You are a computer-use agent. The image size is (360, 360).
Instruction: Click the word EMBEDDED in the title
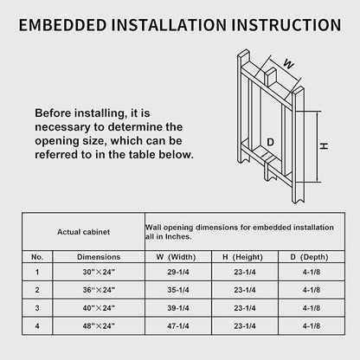coord(63,25)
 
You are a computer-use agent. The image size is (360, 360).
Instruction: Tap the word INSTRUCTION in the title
coord(286,25)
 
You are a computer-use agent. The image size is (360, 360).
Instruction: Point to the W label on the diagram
coord(289,64)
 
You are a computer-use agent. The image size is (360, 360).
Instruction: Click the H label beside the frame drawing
coord(325,146)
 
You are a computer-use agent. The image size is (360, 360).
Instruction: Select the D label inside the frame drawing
coord(270,142)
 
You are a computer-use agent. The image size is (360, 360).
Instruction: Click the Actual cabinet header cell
coord(83,232)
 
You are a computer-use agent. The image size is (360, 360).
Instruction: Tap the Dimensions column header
coord(99,257)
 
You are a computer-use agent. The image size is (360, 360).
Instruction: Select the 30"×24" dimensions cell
coord(99,272)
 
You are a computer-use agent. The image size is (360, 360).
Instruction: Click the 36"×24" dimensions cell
coord(99,290)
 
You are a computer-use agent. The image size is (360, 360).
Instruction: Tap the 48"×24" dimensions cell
coord(99,326)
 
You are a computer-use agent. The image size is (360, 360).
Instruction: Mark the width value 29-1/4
coord(178,272)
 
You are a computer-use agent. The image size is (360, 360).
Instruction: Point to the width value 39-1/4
coord(178,308)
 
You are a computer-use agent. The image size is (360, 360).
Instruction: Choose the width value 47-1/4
coord(178,326)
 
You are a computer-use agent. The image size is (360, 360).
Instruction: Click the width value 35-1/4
coord(178,290)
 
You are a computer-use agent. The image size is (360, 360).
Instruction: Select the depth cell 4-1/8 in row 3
coord(312,308)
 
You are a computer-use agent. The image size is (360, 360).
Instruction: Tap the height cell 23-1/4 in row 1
coord(245,272)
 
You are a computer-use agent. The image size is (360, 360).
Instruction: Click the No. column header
coord(37,257)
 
